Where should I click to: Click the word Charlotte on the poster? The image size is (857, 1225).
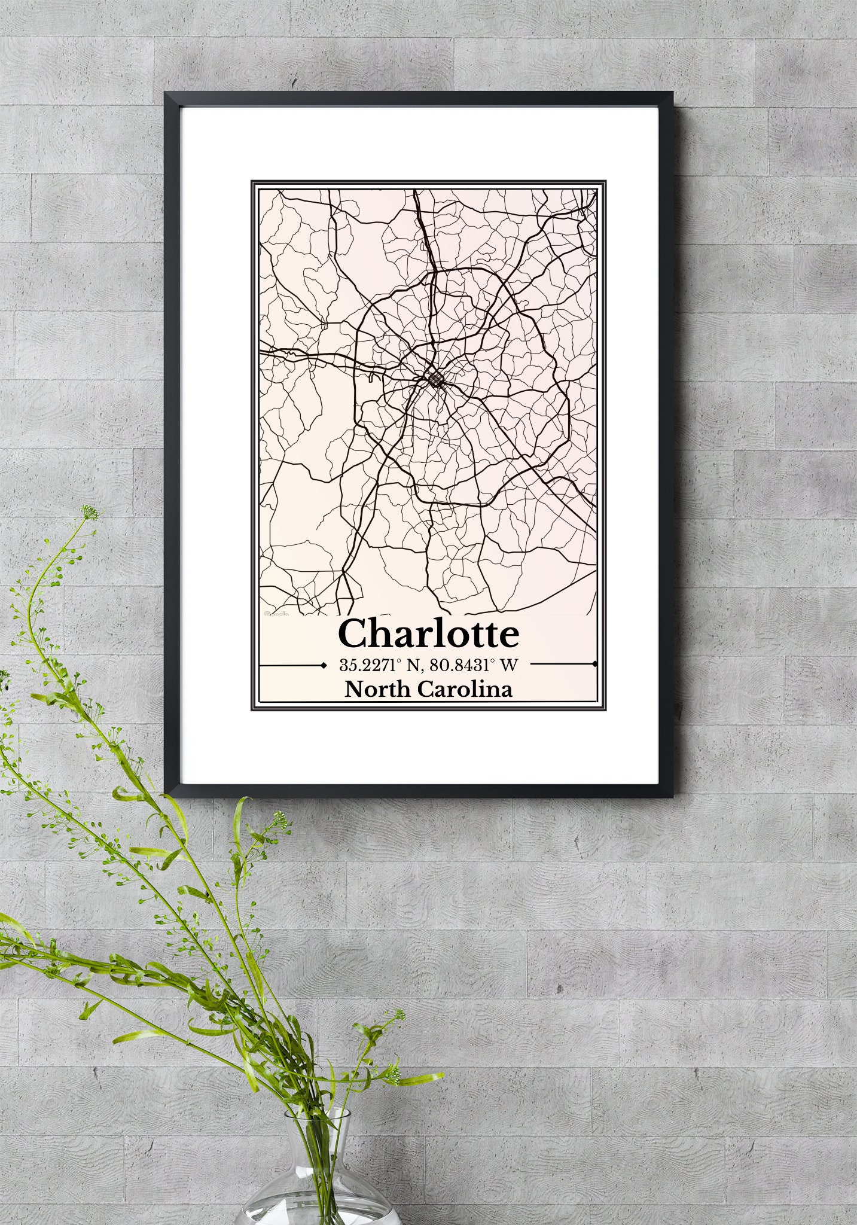(x=428, y=635)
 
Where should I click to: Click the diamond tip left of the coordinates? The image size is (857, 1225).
(x=324, y=664)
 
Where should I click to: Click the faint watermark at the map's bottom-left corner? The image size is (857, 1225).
(x=276, y=612)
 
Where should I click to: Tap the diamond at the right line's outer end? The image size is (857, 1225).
(x=594, y=664)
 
